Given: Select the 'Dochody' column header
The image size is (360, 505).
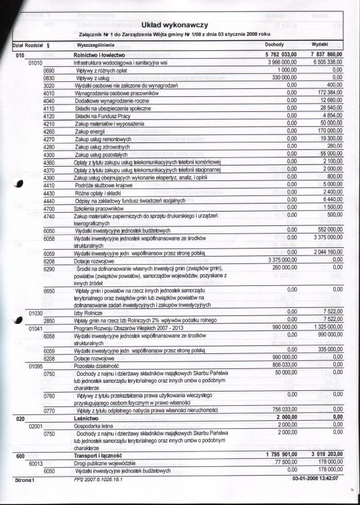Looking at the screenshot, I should pos(273,44).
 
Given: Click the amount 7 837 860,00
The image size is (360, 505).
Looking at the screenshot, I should pos(323,54).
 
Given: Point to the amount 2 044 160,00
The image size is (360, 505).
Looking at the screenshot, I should pos(323,252).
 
